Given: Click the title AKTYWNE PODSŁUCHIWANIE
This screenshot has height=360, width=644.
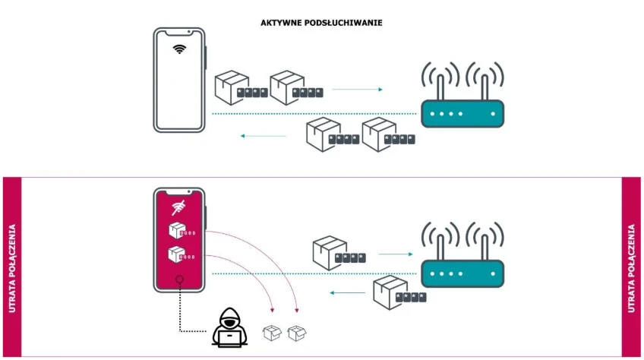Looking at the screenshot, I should (321, 23).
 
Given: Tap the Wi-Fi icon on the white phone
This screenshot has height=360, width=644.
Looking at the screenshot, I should (179, 49).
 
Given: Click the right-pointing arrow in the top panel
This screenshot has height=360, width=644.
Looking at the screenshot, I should (357, 90).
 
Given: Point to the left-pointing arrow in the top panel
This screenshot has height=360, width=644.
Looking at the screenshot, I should (263, 137).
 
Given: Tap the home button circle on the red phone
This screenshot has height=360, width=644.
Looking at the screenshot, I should (179, 279).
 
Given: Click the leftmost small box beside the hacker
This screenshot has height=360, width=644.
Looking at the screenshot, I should (271, 332).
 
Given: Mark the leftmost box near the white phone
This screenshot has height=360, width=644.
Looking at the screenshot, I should (231, 87).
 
